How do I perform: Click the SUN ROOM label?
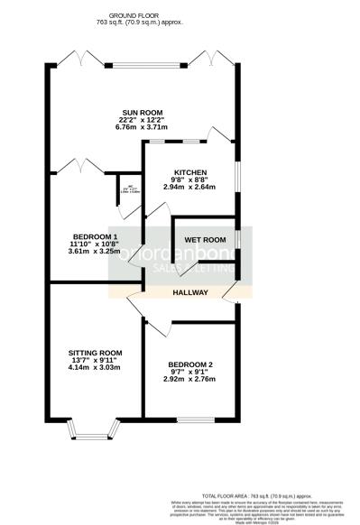[x=132, y=113]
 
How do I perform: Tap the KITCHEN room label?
[x=191, y=172]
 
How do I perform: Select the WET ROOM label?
[x=204, y=239]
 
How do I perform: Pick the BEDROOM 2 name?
[x=190, y=365]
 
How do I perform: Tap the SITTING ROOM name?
[x=94, y=353]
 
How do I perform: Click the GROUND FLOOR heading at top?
[x=133, y=16]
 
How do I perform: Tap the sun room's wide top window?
[x=145, y=65]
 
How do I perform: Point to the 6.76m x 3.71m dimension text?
[x=132, y=128]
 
